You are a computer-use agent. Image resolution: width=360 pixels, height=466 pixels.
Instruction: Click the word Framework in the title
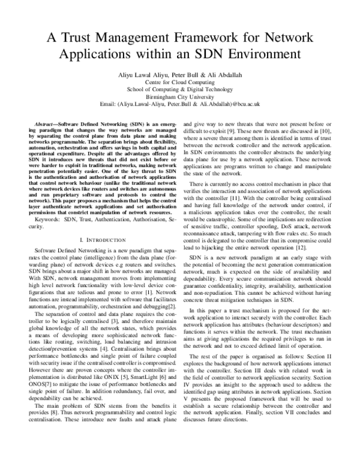point(205,37)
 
